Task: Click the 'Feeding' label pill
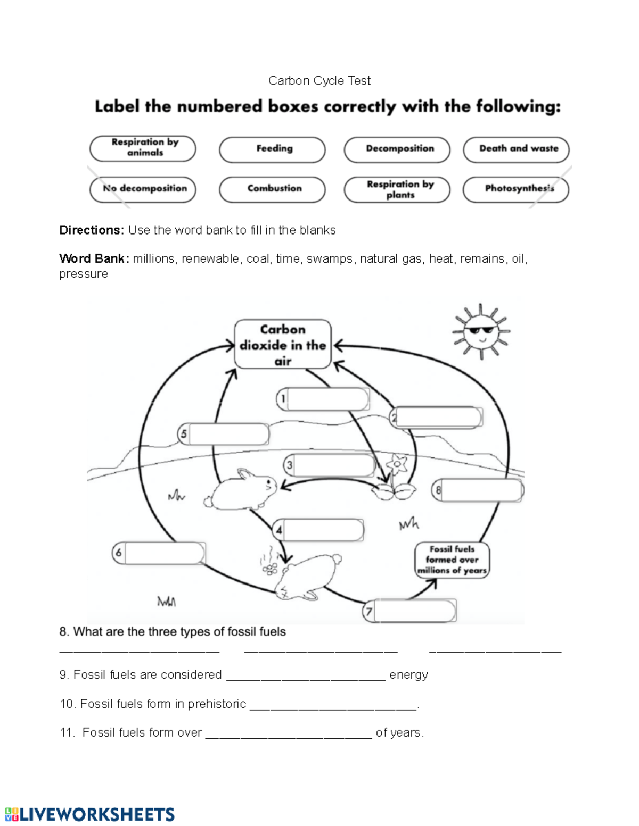click(x=272, y=149)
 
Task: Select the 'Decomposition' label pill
click(x=397, y=149)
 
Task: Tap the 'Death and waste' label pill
click(x=516, y=149)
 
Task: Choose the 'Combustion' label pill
click(x=272, y=189)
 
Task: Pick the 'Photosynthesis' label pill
click(x=516, y=189)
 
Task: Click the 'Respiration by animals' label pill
click(x=143, y=148)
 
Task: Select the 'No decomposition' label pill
click(x=143, y=189)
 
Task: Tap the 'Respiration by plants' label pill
click(x=397, y=189)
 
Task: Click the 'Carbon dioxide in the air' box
click(x=283, y=344)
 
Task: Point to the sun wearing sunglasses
click(x=481, y=332)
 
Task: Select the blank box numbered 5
click(x=228, y=434)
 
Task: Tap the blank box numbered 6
click(x=164, y=553)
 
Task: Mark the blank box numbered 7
click(x=414, y=611)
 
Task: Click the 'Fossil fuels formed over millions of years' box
click(x=452, y=560)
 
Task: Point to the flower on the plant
click(x=397, y=464)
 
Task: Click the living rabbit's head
click(x=266, y=484)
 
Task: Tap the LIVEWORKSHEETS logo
click(x=89, y=814)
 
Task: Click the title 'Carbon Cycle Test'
click(x=319, y=81)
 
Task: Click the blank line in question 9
click(x=306, y=675)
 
